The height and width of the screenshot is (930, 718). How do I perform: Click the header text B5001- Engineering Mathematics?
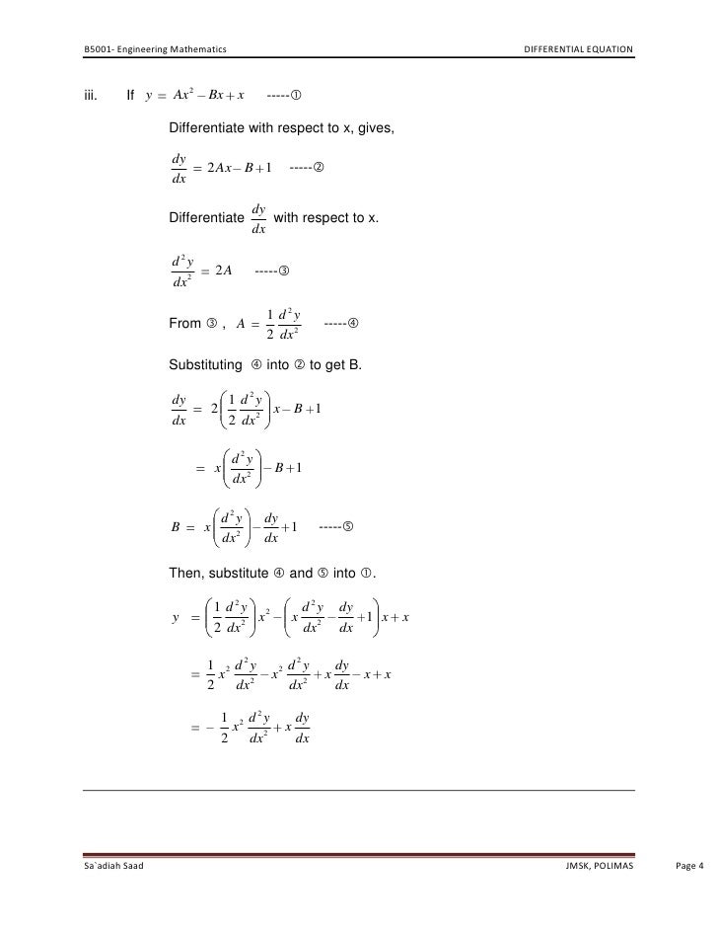[x=155, y=48]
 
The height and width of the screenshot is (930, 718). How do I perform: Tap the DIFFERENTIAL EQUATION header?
[x=578, y=48]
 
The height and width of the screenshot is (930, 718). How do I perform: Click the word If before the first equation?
[x=129, y=96]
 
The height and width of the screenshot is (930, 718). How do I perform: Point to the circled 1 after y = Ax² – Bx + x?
[x=296, y=96]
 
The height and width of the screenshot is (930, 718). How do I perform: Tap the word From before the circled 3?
[x=185, y=324]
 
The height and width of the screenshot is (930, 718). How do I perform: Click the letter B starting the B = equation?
[x=176, y=528]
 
